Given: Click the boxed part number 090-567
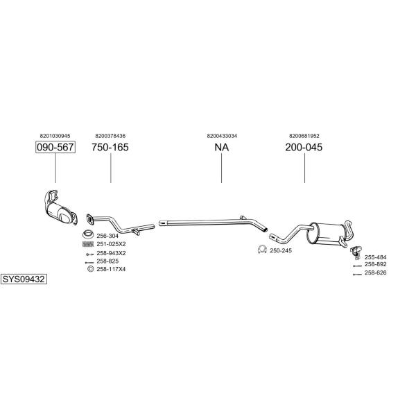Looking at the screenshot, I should pos(55,148).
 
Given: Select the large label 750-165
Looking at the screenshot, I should pos(110,148).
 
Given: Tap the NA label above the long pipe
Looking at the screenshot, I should pos(221,148).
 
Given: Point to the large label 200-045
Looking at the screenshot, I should pos(304,148).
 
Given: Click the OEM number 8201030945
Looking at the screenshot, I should pos(55,136).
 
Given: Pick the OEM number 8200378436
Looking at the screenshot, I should pos(110,136).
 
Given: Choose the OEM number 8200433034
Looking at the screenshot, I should pos(221,136).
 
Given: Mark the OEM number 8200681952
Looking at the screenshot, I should pos(304,136).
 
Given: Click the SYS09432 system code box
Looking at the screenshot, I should pos(24,279).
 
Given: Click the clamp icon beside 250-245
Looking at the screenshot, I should pos(262,250).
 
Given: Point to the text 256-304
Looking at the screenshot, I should pos(107,236).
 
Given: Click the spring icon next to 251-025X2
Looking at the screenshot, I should pos(88,243).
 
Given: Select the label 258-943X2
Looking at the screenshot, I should pos(111,252).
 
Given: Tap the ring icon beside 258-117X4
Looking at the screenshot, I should pos(89,269).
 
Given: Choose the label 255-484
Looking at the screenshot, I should pos(375,257).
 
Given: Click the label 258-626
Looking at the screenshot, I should pos(375,272).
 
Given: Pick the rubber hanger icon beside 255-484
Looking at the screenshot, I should pos(354,250).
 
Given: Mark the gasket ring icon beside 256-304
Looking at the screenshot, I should pos(89,233).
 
